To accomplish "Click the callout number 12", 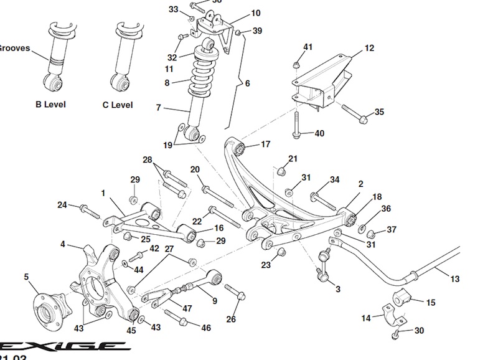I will [x=370, y=48].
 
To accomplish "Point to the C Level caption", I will [x=118, y=105].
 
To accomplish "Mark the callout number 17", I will [x=265, y=144].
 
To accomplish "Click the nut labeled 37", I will [x=372, y=234].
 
